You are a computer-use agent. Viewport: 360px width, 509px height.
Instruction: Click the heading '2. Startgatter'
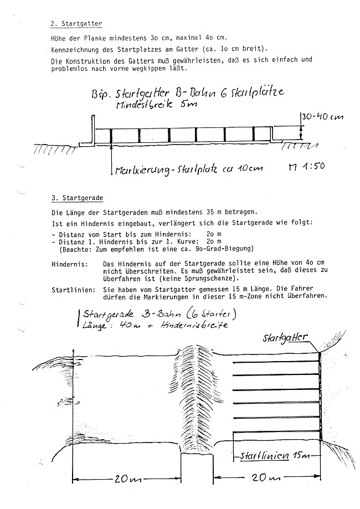coord(76,24)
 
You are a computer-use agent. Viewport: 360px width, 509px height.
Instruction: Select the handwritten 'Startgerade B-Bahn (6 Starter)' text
coord(158,315)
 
